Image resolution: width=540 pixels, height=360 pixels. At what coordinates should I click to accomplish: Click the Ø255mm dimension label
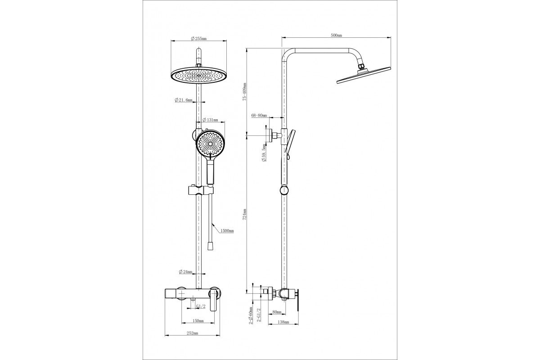198,38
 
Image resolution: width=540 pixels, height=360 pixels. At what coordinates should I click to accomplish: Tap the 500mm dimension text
336,35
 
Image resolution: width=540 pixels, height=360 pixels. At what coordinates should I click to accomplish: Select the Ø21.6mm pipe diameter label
184,100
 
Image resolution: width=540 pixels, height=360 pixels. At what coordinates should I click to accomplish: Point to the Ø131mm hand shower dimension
210,120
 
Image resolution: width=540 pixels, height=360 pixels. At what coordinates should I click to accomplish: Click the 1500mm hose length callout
227,231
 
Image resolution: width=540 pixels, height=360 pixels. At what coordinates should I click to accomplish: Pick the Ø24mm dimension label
185,272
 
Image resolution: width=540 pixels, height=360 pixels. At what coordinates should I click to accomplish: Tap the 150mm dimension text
198,321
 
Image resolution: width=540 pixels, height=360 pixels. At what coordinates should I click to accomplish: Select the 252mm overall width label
193,333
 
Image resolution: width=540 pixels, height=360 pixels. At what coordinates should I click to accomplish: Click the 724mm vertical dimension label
245,214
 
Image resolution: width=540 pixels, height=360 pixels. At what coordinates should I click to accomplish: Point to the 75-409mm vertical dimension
245,91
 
